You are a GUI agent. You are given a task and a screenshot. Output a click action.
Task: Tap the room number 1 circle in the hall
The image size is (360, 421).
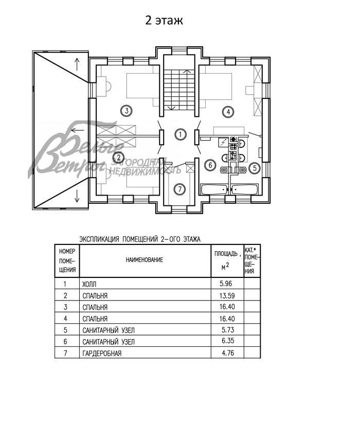point(180,135)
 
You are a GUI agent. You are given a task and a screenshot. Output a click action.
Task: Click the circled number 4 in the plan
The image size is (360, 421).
point(227,111)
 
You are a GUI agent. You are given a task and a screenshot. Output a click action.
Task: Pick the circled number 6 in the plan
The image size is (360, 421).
point(208,165)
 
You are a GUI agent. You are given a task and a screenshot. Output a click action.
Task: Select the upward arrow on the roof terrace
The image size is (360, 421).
point(78,64)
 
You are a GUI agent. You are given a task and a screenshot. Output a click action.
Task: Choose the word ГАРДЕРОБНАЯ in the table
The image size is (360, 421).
point(100,354)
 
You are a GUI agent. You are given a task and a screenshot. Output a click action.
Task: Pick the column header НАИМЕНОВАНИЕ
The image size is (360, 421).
point(145,260)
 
